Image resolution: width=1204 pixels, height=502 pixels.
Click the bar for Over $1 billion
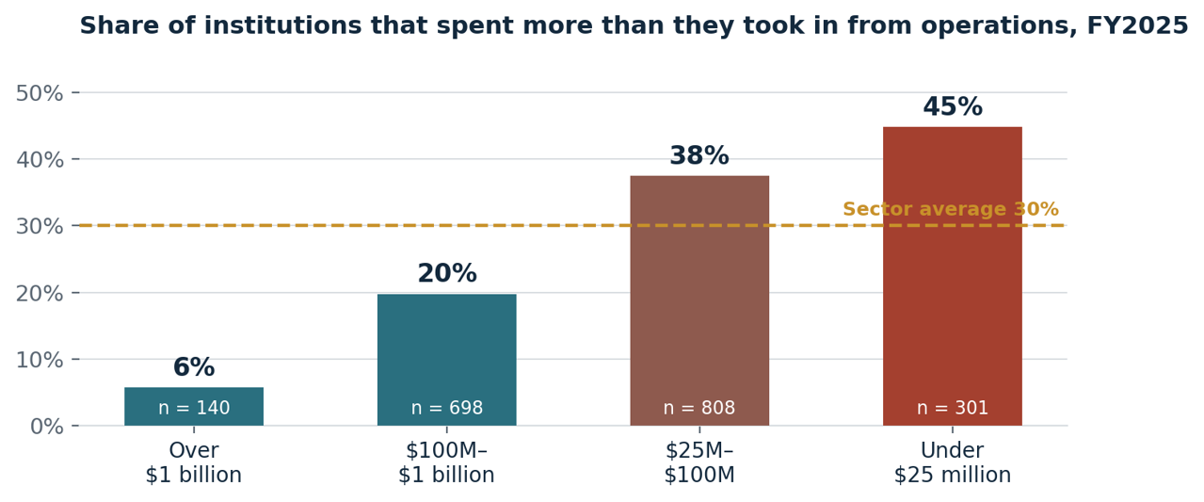(194, 406)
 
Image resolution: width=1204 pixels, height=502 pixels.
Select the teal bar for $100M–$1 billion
(446, 360)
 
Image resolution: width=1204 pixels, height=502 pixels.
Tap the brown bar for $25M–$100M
(699, 300)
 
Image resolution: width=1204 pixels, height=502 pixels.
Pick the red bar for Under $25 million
(953, 277)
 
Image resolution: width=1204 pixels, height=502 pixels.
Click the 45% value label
(953, 106)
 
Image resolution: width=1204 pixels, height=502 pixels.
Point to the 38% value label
(699, 155)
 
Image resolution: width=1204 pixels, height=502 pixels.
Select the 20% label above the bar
(446, 273)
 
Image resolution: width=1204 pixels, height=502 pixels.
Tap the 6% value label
(194, 367)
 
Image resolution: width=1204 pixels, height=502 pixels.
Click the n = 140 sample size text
(194, 408)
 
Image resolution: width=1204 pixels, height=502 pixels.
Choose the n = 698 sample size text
(446, 408)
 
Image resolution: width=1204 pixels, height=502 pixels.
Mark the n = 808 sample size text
(699, 408)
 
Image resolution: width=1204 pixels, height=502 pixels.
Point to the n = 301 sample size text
(953, 408)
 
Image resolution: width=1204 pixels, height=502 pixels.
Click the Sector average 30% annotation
(951, 209)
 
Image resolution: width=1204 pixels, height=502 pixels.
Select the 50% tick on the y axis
(40, 93)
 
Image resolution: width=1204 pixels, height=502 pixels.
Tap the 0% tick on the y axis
(47, 427)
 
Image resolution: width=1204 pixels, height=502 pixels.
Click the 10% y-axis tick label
(40, 360)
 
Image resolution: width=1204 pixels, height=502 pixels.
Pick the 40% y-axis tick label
(40, 160)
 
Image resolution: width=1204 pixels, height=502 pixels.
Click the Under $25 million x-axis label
(953, 462)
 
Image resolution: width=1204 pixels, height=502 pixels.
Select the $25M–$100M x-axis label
(699, 462)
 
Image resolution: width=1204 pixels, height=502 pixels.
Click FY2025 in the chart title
(1137, 25)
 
